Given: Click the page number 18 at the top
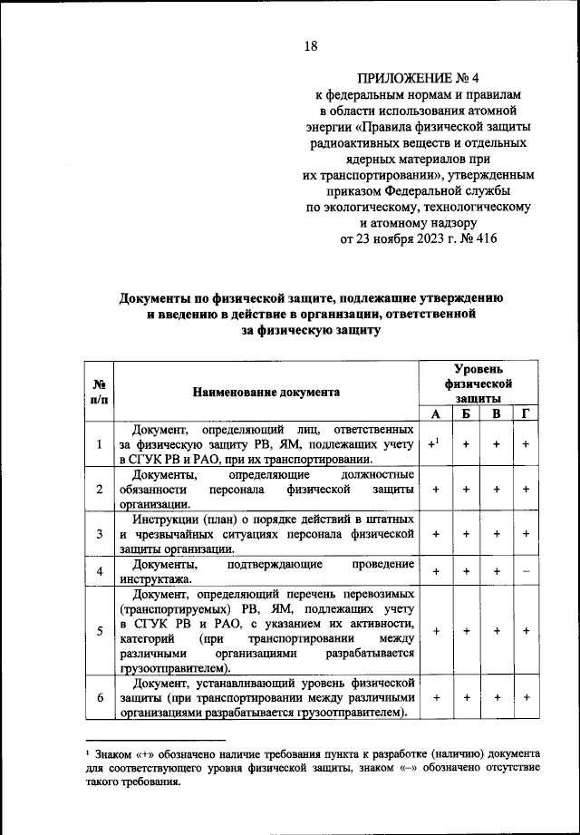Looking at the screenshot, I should point(310,46).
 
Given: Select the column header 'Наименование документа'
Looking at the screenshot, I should point(267,392).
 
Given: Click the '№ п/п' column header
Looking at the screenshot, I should point(98,392).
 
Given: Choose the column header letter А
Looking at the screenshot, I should point(436,414).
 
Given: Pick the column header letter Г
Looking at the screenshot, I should point(526,414).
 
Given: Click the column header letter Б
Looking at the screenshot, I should point(466,414).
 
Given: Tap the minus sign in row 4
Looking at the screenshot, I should point(526,572).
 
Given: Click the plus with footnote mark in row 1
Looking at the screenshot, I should point(435,444).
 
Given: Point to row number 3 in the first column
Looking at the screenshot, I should point(98,535).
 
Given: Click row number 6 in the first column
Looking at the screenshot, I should point(98,698).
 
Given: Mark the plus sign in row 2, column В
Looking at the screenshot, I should point(496,490).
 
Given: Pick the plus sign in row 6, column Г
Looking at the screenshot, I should point(526,698).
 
